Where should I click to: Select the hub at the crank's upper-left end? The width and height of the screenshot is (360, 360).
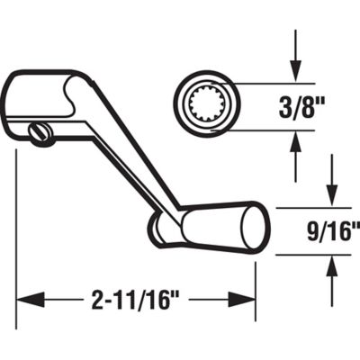point(40,99)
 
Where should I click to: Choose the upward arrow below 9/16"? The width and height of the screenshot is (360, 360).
point(331,274)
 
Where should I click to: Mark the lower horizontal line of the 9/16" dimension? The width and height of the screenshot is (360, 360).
point(301,255)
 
